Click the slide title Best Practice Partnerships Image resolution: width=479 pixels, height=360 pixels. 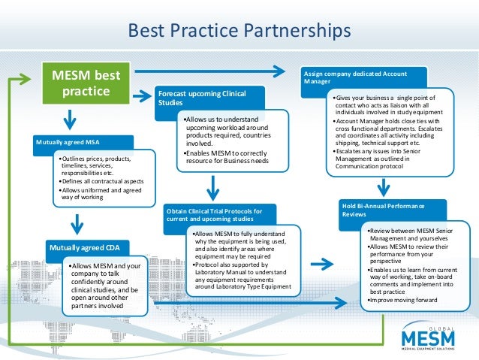pyautogui.click(x=239, y=31)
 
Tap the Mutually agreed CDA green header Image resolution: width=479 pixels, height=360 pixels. pyautogui.click(x=89, y=247)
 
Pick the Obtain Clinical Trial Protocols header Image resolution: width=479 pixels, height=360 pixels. pyautogui.click(x=214, y=214)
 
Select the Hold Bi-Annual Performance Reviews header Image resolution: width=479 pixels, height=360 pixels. pyautogui.click(x=384, y=210)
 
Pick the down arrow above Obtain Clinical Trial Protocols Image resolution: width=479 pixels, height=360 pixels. pyautogui.click(x=213, y=187)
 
